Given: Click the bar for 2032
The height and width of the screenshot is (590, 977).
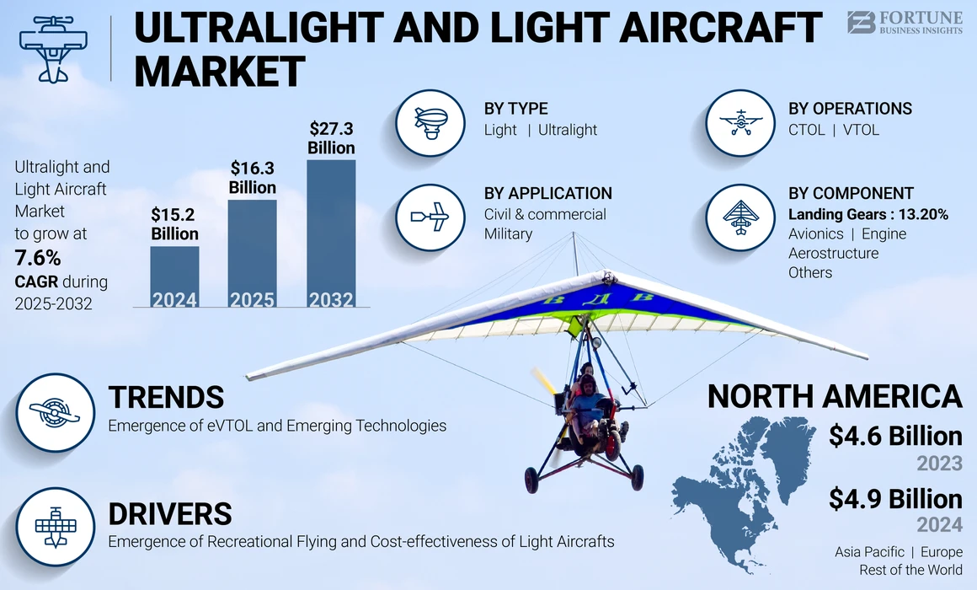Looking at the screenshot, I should (331, 233).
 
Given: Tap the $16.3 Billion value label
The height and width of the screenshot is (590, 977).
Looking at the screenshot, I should (253, 177).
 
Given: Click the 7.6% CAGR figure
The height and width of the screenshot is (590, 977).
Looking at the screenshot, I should (37, 258).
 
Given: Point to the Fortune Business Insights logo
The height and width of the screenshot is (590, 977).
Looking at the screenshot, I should (904, 23).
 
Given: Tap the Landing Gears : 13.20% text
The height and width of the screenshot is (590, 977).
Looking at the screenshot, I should (868, 214).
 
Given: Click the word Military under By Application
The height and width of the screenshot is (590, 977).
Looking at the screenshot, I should (508, 233).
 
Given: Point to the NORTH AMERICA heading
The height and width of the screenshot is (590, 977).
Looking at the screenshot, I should (834, 396).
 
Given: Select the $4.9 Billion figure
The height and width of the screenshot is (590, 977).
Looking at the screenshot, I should (894, 498).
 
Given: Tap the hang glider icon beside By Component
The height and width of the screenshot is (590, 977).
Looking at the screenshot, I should (739, 217).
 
